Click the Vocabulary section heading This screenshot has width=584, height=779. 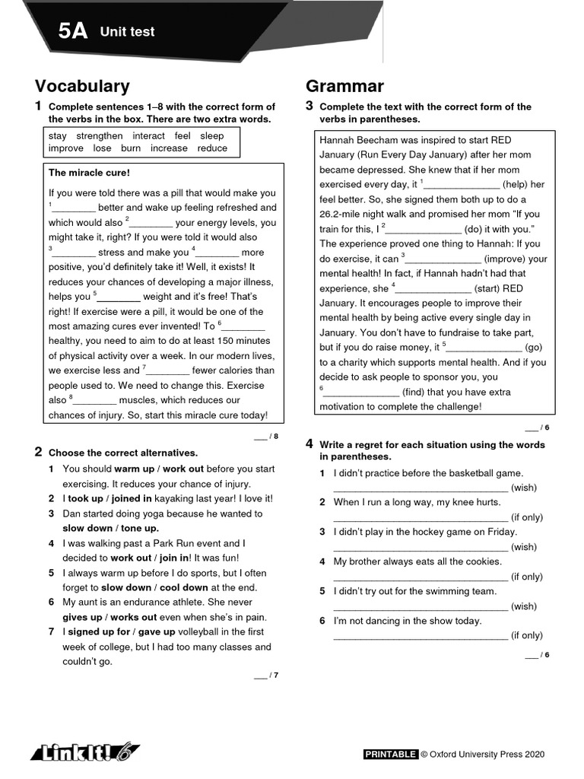[x=82, y=86]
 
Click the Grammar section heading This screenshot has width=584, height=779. [x=344, y=86]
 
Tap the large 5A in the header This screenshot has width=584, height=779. [x=73, y=31]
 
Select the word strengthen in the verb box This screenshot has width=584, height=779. [x=99, y=135]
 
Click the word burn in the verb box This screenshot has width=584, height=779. [x=131, y=148]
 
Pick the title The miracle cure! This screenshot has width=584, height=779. [x=89, y=173]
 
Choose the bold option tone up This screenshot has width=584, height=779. [x=141, y=528]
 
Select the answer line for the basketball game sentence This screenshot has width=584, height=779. [x=421, y=488]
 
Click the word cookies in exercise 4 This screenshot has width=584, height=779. [x=484, y=561]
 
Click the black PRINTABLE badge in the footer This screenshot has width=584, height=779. [x=391, y=755]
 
